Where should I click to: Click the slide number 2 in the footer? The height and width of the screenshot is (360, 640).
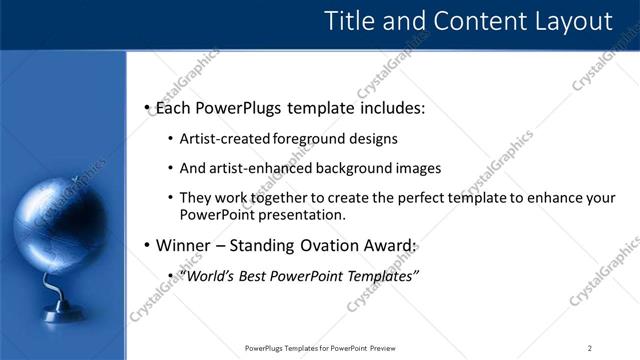(x=590, y=348)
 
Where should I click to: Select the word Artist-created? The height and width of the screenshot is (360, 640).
(x=222, y=139)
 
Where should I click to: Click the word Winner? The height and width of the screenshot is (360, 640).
(x=186, y=245)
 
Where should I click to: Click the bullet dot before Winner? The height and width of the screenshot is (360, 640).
(x=147, y=246)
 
